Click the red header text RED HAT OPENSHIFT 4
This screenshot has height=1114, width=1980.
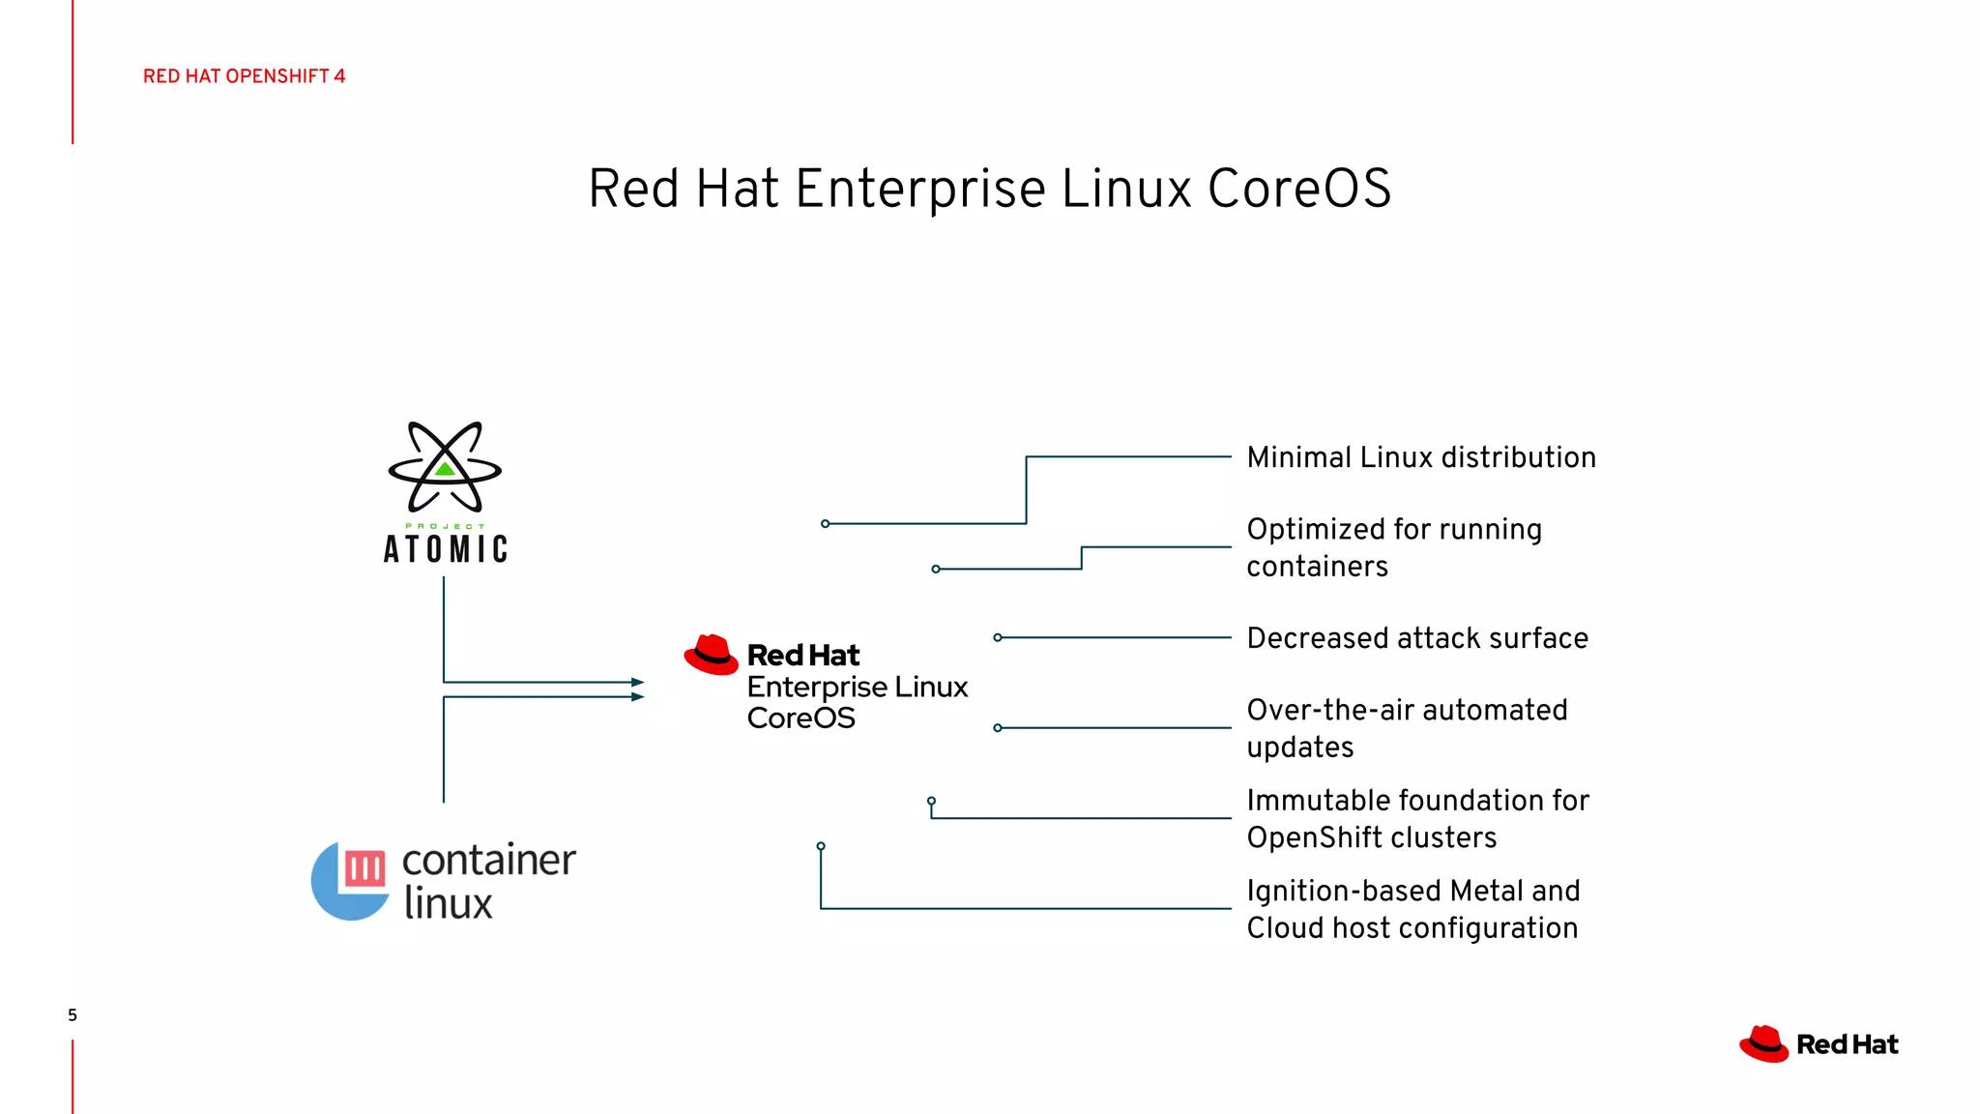tap(244, 76)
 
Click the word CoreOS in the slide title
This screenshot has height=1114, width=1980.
tap(1298, 189)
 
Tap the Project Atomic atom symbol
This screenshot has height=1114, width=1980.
tap(445, 467)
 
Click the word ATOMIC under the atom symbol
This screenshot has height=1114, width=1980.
tap(446, 549)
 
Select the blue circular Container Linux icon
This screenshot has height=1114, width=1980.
tap(350, 880)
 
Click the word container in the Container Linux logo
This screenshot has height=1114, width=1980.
tap(488, 860)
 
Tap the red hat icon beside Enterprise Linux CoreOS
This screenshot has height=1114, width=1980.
tap(712, 656)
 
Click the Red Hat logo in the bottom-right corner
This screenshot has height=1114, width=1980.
tap(1819, 1044)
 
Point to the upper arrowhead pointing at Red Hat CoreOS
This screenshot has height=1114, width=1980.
tap(637, 682)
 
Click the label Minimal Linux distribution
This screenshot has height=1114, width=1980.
tap(1421, 457)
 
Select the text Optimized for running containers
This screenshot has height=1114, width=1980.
tap(1393, 547)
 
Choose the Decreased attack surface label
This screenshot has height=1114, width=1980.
tap(1417, 638)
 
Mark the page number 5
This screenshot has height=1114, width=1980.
tap(73, 1015)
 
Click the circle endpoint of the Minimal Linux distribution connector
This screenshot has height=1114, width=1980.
tap(825, 524)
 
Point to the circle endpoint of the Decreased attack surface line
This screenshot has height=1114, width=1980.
tap(998, 637)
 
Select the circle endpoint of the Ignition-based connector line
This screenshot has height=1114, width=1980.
tap(821, 846)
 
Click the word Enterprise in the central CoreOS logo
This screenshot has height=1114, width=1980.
tap(817, 687)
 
